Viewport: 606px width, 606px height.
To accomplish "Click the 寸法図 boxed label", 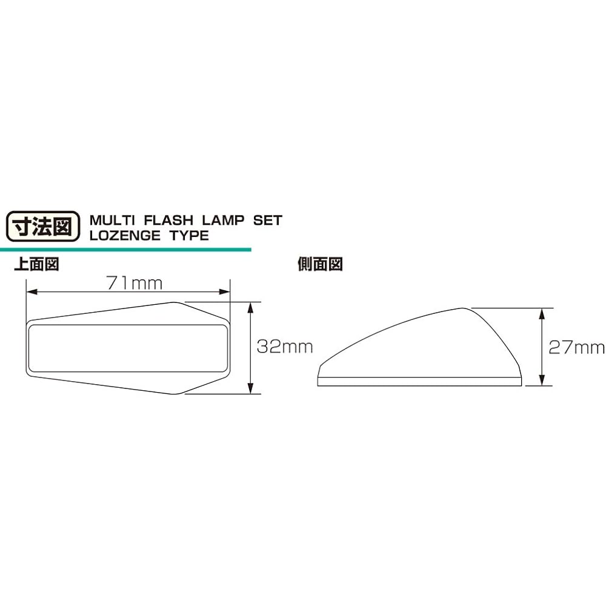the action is click(x=42, y=227).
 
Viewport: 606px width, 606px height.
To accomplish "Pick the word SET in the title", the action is click(x=268, y=219).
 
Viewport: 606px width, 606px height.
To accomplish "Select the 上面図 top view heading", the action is click(x=36, y=265).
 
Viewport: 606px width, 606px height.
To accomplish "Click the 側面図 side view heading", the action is click(x=321, y=265).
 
